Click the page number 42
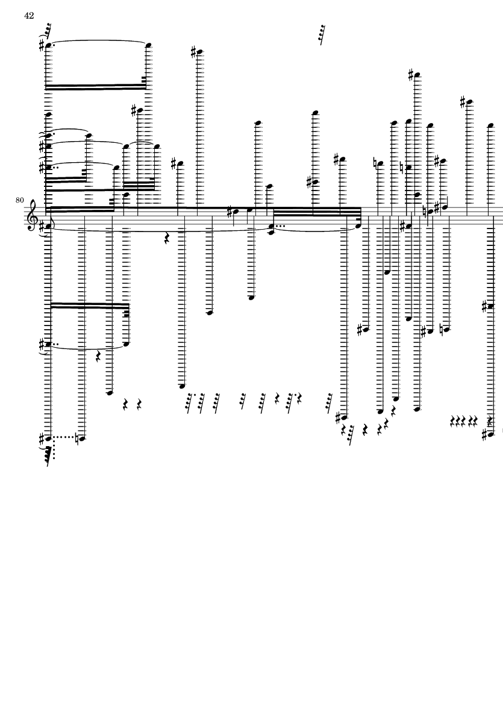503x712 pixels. pos(29,16)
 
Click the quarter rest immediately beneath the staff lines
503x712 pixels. pos(167,239)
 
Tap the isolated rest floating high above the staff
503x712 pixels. pos(322,35)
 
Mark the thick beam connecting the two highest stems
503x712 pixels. pos(96,87)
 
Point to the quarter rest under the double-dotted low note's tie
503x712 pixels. pos(98,358)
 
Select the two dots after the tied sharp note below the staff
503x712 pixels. pos(55,344)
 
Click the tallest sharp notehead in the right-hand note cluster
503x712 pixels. pos(413,75)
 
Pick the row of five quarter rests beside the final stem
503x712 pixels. pos(465,421)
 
